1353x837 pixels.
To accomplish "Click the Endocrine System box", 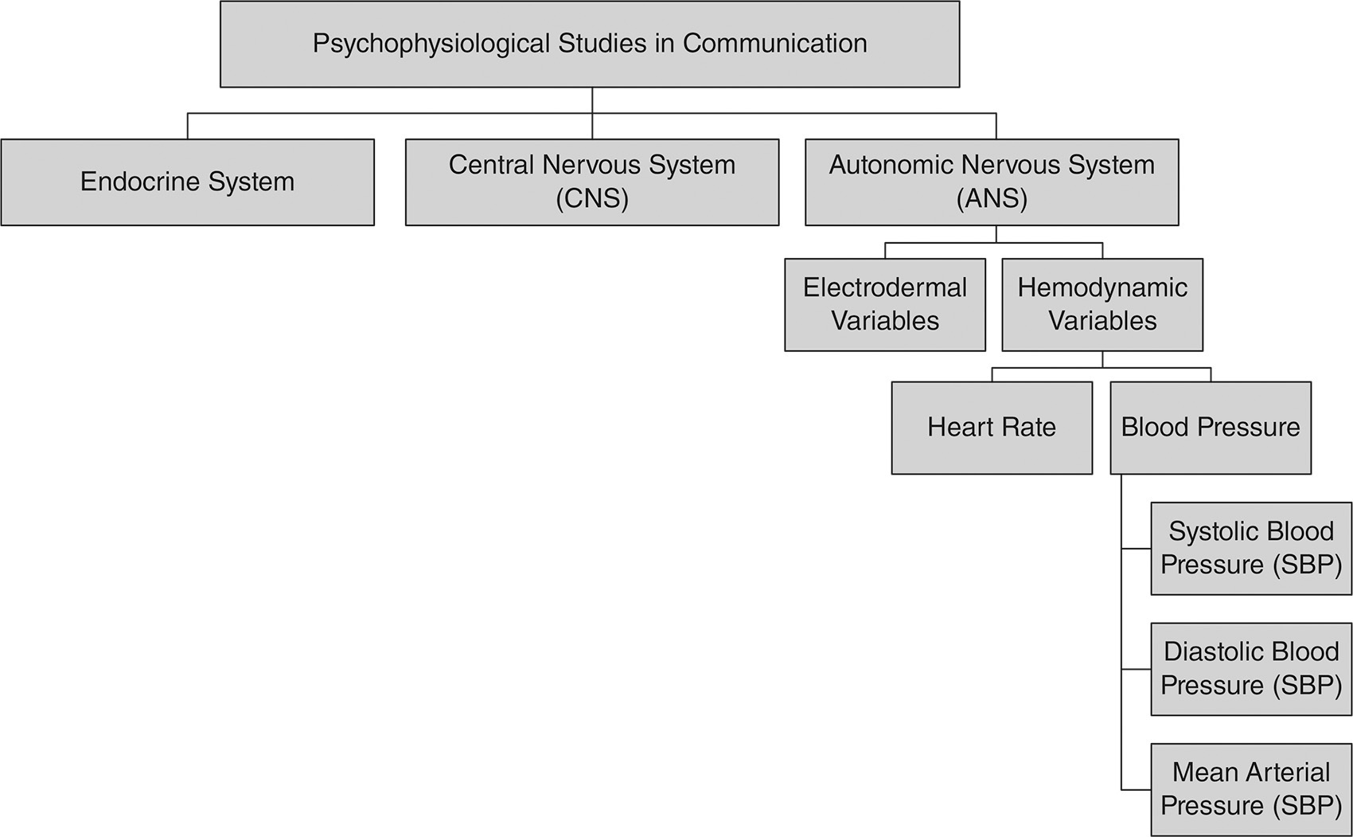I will point(187,182).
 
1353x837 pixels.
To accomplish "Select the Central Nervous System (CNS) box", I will point(591,182).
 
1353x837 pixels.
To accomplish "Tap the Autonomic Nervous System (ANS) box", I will point(992,182).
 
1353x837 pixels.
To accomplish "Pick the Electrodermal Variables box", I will point(884,304).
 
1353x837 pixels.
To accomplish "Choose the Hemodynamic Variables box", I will point(1102,304).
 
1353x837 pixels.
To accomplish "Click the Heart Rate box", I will point(991,428).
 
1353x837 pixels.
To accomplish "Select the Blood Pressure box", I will point(1210,428).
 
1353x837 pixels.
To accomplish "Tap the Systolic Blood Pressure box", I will point(1250,548).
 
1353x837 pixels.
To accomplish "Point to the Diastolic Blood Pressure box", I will point(1250,669).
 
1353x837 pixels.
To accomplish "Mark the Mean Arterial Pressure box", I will point(1250,789).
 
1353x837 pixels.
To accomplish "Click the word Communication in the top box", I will point(774,43).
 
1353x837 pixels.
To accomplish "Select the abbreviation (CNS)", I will point(591,198).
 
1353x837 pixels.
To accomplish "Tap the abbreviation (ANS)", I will point(992,198).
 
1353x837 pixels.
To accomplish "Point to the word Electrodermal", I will point(884,287).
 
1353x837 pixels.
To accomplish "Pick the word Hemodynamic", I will point(1102,287).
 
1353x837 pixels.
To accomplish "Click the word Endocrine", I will point(139,182).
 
